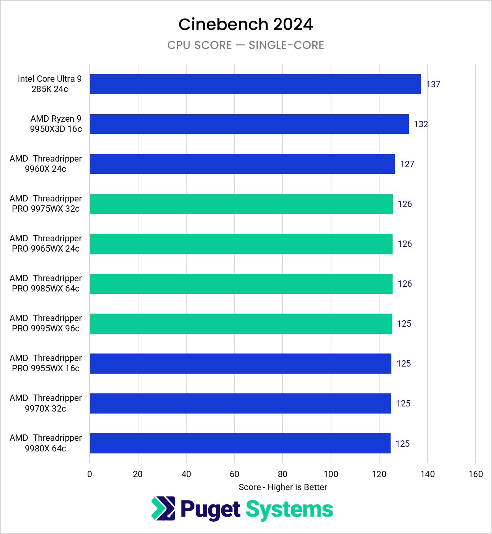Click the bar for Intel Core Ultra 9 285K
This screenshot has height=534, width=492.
point(255,84)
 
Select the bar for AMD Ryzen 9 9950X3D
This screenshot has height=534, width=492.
point(249,124)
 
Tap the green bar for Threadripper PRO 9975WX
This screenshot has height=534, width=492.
point(241,204)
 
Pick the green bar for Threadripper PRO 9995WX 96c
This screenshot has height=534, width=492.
point(241,323)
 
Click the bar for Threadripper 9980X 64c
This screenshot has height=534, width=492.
point(240,443)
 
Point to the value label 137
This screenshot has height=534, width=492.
point(433,84)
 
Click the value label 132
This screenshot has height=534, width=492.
point(421,124)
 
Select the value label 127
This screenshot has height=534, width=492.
point(407,164)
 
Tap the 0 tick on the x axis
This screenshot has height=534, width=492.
point(90,474)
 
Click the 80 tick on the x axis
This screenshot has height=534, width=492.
point(282,474)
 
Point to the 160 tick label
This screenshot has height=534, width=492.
point(475,474)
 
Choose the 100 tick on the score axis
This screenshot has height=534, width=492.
point(331,474)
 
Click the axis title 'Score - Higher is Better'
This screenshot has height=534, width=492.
point(283,487)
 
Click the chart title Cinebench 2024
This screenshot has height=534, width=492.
point(245,24)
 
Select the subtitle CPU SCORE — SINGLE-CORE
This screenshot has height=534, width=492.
point(245,45)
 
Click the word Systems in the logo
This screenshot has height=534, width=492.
point(289,510)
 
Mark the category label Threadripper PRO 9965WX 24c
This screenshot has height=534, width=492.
point(46,244)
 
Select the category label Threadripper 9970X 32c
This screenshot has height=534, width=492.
point(46,403)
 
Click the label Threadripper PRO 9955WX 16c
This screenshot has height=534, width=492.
point(46,363)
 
